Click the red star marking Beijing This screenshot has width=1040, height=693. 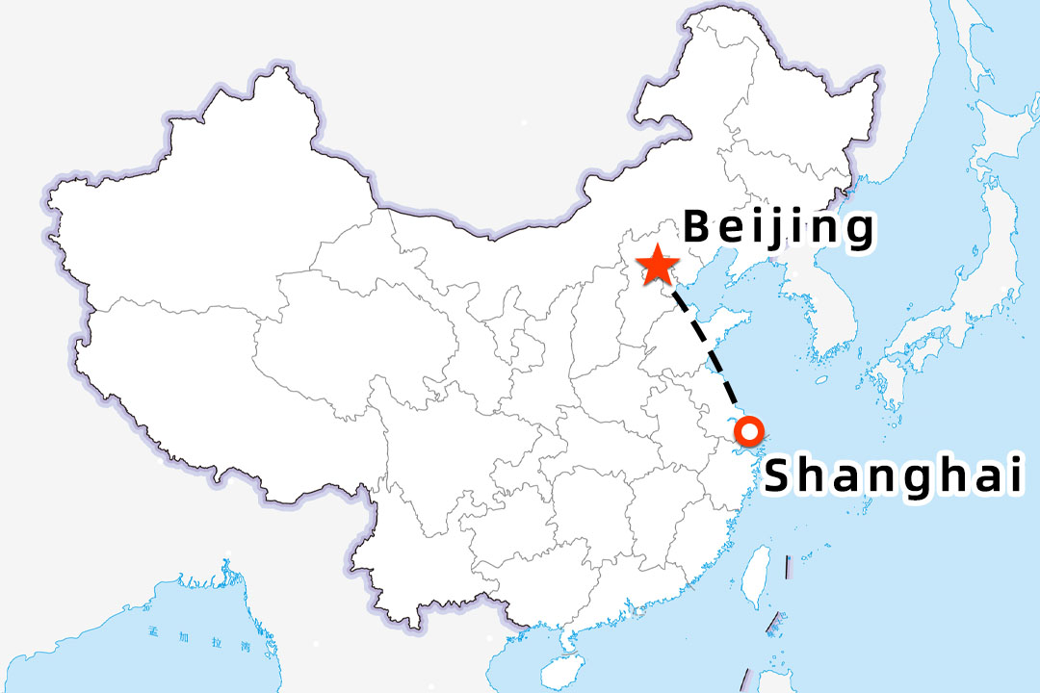tap(658, 265)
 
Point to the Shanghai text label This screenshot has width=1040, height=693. tap(893, 475)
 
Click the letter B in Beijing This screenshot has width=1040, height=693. tap(699, 228)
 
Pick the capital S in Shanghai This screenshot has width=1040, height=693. tap(782, 475)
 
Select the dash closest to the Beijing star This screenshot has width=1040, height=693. tap(679, 299)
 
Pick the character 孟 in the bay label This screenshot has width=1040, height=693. tap(179, 632)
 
